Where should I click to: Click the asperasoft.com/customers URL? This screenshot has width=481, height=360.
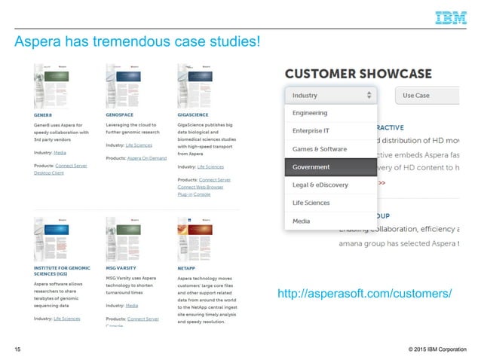coord(365,293)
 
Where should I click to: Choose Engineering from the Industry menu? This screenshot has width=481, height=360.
coord(310,113)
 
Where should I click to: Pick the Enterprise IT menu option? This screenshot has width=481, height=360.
coord(311,131)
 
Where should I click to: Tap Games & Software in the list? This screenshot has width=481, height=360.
coord(320,149)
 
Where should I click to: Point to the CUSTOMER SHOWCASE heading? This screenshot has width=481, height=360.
coord(357,74)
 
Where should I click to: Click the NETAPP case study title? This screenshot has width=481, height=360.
coord(187,267)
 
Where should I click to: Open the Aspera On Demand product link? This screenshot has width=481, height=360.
coord(146,158)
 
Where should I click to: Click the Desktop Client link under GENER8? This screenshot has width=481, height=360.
coord(48,173)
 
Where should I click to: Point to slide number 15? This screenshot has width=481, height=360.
coord(17,349)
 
